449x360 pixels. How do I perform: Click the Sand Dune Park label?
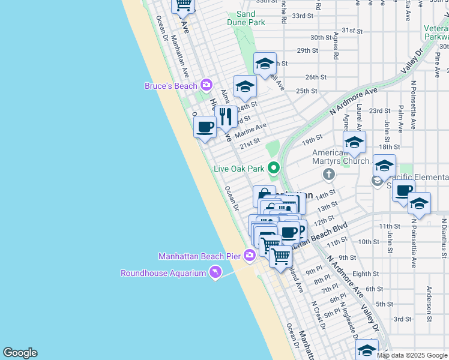pos(246,18)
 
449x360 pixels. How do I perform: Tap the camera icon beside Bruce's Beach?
pos(206,85)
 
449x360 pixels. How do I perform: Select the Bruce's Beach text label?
pos(171,86)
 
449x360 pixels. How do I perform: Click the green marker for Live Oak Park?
pos(274,168)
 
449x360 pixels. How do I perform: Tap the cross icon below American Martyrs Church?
pos(328,175)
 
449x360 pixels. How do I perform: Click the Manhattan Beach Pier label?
pos(199,256)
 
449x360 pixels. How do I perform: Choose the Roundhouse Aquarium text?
pos(163,273)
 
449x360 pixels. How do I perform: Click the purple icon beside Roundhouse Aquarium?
pos(214,273)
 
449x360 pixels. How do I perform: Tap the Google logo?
pos(20,353)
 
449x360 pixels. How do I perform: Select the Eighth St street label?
pos(366,274)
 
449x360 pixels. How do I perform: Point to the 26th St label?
pos(316,77)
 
